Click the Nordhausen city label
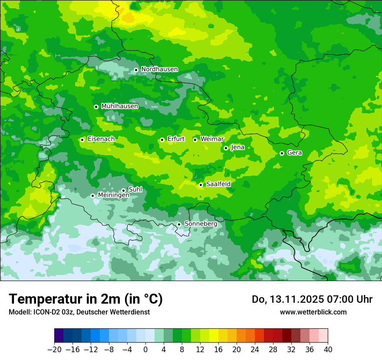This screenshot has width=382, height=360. [x=159, y=69]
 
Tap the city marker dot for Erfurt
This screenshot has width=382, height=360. [x=162, y=140]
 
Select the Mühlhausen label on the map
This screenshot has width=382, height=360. [x=119, y=106]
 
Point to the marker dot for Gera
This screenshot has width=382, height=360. [x=282, y=153]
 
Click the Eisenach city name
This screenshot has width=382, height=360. [x=101, y=139]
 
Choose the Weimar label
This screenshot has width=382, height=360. [x=212, y=139]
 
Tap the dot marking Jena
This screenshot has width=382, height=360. [x=226, y=148]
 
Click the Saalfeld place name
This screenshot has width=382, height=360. [x=218, y=184]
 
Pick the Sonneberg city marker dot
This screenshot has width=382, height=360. [x=179, y=224]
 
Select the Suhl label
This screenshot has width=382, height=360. [x=135, y=190]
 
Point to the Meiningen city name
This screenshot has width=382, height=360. [x=113, y=196]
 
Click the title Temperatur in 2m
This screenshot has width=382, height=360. [x=86, y=299]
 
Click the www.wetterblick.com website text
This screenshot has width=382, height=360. [x=313, y=312]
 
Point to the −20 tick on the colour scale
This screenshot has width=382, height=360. [x=55, y=350]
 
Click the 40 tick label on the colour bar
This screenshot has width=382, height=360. [x=328, y=350]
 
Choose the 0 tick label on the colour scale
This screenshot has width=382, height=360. [x=145, y=350]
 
